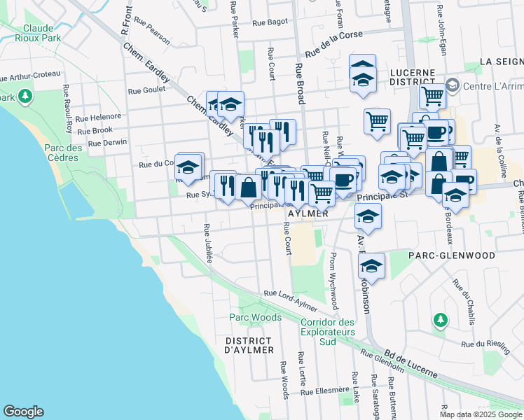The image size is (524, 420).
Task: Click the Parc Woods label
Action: (x=256, y=317)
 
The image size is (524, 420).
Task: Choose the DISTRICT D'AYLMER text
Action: (x=248, y=345)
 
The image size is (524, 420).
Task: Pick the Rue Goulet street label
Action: (x=146, y=90)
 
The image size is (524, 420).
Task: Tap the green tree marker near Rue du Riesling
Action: (x=440, y=321)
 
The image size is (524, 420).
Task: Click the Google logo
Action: (x=24, y=412)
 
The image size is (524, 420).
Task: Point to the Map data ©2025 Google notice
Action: (x=480, y=414)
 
